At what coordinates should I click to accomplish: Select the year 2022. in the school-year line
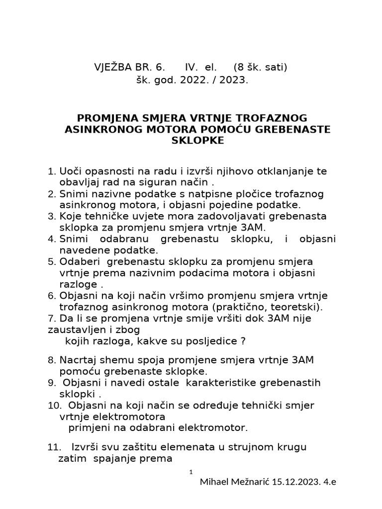[x=187, y=79]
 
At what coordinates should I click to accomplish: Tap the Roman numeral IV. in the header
[x=191, y=67]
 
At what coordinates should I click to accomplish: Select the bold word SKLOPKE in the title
[x=197, y=141]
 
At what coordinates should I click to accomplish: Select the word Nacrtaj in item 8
[x=75, y=359]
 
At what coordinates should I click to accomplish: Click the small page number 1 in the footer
[x=191, y=471]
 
